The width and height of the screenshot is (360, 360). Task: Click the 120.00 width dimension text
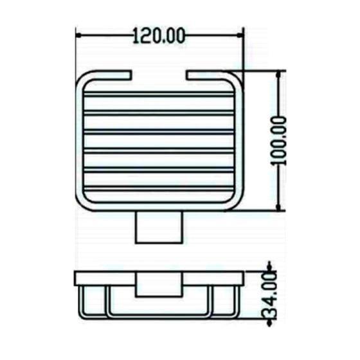point(159,35)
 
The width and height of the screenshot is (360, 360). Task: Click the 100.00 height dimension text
point(278,141)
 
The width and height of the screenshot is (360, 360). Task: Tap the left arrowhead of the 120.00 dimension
point(78,35)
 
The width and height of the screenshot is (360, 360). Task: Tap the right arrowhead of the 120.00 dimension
point(240,35)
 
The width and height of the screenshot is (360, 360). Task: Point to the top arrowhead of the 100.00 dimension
point(278,74)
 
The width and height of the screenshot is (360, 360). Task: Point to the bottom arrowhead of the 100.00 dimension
point(278,208)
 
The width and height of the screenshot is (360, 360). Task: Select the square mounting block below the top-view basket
point(159,228)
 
